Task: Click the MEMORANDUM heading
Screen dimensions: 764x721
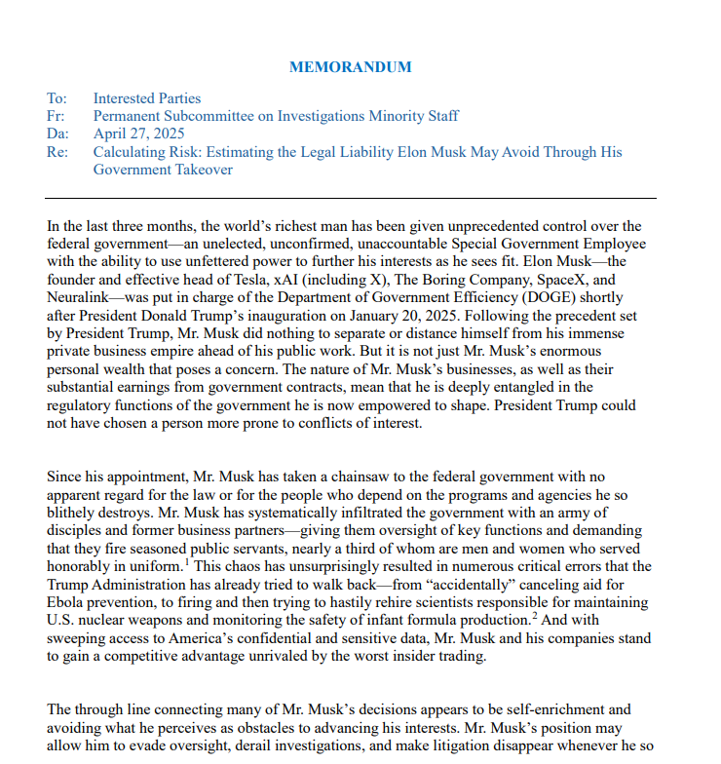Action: coord(351,67)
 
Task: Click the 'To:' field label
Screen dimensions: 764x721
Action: coord(57,98)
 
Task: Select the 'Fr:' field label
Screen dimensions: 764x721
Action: coord(56,116)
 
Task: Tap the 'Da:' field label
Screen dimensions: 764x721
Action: coord(57,134)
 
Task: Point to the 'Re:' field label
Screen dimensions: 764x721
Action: coord(57,152)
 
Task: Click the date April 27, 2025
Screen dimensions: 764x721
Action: coord(138,134)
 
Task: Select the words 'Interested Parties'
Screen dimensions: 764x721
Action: coord(147,98)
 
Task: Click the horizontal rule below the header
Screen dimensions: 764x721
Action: coord(351,198)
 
